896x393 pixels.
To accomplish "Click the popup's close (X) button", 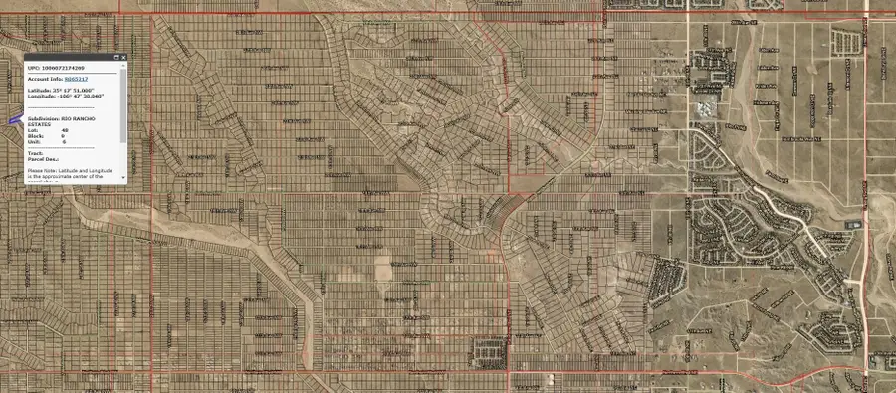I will (123, 58).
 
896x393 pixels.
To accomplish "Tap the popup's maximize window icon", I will (115, 58).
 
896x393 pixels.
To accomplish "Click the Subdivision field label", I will (43, 117).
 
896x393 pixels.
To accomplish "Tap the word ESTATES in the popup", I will (41, 124).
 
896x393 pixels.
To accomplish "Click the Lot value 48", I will (65, 130).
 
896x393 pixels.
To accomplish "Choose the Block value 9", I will (64, 136).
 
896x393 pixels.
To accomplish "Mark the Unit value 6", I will (64, 142).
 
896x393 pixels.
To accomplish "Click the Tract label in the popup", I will (36, 153).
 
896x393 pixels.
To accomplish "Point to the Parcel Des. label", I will (43, 159).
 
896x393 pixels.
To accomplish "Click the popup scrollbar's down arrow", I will (123, 178).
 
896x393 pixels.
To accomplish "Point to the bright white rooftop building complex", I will (706, 108).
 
